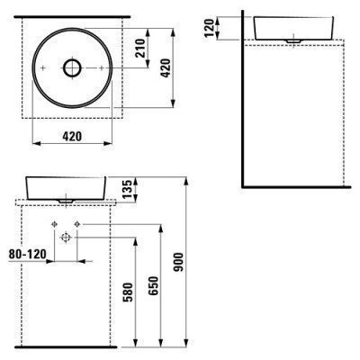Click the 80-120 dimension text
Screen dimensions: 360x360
coord(24,255)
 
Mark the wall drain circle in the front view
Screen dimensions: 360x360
coord(66,237)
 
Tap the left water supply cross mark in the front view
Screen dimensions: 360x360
coord(55,222)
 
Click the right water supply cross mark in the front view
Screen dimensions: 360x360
coord(77,222)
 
